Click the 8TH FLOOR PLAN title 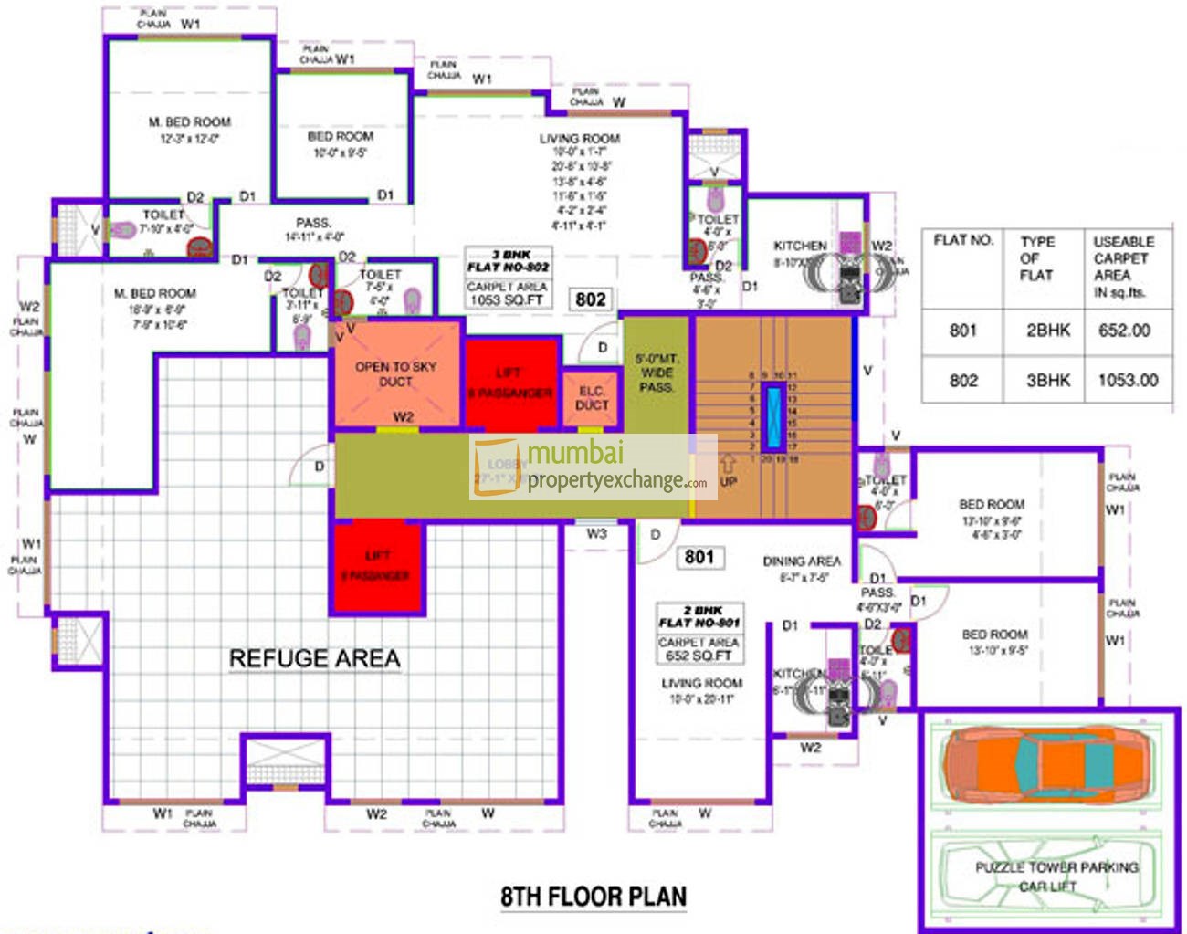point(593,897)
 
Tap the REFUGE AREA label point(314,658)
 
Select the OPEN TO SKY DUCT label point(395,373)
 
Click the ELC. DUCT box point(592,398)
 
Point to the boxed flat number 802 point(591,299)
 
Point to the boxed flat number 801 point(699,557)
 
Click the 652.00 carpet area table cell point(1124,331)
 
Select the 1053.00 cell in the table point(1128,380)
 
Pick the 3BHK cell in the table point(1047,380)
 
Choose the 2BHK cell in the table point(1047,331)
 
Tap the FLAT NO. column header point(963,240)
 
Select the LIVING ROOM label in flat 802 point(579,139)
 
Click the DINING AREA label point(802,561)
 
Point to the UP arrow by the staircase point(729,470)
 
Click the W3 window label point(596,534)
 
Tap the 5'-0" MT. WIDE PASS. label point(657,373)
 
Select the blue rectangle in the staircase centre point(772,417)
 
